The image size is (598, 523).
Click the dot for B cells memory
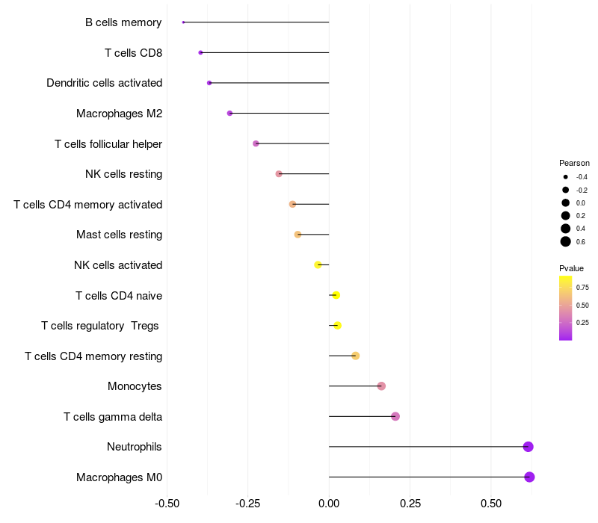[x=183, y=22]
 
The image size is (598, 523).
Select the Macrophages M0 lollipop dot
[x=529, y=477]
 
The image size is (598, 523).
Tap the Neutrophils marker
[x=528, y=447]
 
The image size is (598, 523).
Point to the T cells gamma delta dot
[x=395, y=416]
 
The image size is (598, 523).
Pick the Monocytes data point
[x=381, y=386]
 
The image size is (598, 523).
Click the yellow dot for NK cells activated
[x=318, y=264]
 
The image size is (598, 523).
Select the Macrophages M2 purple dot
[x=229, y=114]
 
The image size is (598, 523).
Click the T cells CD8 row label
[x=133, y=53]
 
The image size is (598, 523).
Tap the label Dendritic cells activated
[x=104, y=83]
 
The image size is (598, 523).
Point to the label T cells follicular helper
[x=108, y=144]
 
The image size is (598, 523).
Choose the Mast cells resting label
[x=119, y=235]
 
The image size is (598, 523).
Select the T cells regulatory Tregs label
[x=101, y=326]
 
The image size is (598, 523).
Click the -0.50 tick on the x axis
[x=167, y=504]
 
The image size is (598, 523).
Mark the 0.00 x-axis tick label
[x=329, y=504]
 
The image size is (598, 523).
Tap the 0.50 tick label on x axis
[x=491, y=504]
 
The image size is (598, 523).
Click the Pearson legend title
[x=574, y=163]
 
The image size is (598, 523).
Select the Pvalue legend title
[x=571, y=268]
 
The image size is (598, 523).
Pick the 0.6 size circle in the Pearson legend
[x=566, y=241]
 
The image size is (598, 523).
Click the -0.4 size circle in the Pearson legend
[x=566, y=177]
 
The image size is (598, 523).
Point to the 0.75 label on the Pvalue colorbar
[x=582, y=287]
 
